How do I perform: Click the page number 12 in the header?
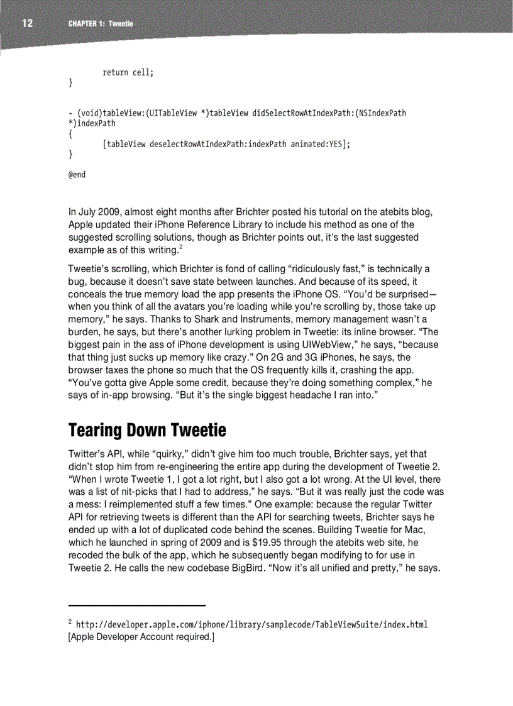point(28,24)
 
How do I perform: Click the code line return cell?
point(128,73)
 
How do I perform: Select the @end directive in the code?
point(76,174)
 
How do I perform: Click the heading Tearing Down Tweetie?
point(146,431)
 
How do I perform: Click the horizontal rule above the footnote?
point(137,605)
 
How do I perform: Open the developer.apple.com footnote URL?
point(251,625)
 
